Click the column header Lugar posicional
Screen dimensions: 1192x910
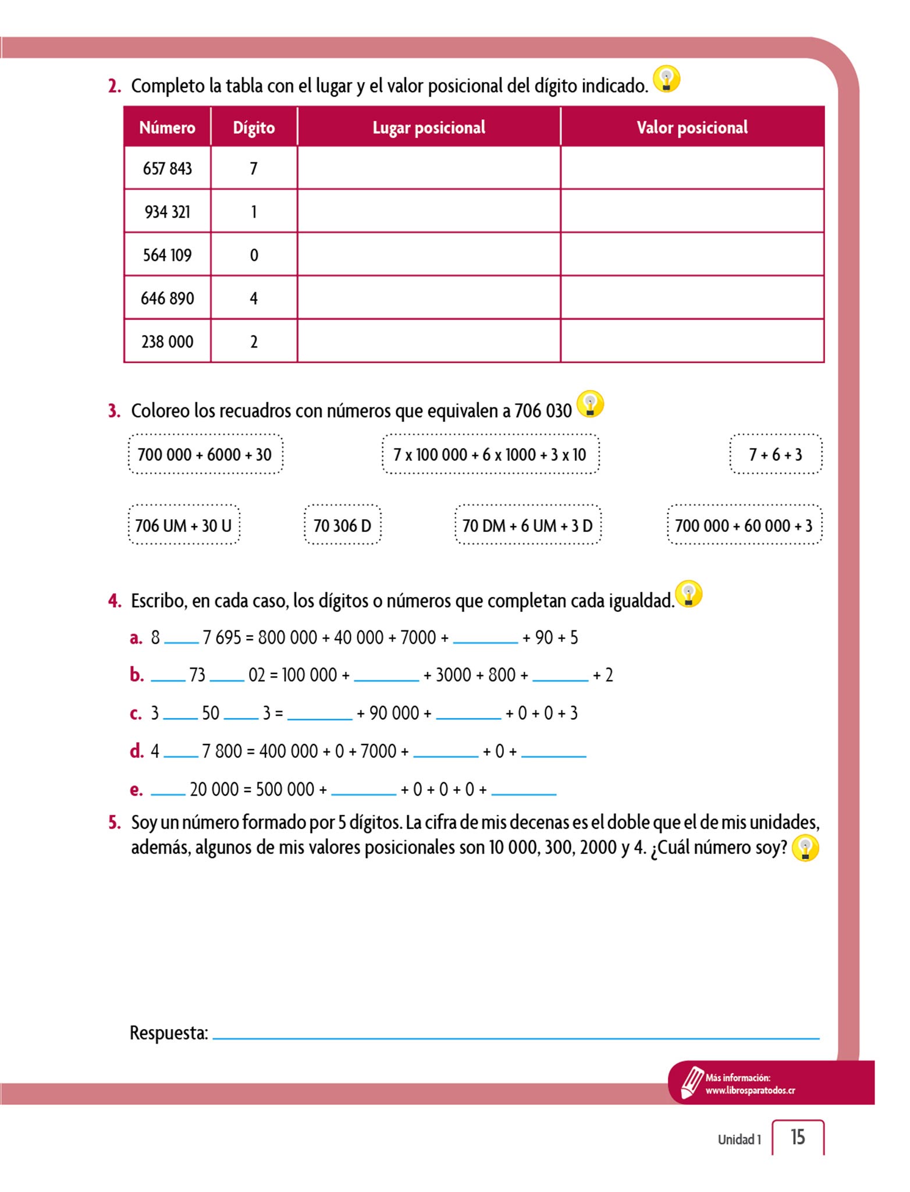click(429, 127)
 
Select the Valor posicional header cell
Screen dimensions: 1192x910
click(692, 127)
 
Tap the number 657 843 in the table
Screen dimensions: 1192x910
click(167, 169)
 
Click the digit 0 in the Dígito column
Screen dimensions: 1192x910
click(254, 255)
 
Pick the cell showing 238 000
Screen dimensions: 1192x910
click(167, 342)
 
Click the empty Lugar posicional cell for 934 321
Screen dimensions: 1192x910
click(429, 211)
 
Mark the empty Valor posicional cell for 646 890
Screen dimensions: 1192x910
click(692, 298)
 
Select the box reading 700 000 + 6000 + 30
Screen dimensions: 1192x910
click(205, 455)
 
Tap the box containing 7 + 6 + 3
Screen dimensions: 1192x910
click(776, 455)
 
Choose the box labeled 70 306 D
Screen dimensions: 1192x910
click(342, 526)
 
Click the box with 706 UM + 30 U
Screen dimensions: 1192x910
click(183, 526)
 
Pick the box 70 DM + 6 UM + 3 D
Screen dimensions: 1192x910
click(527, 526)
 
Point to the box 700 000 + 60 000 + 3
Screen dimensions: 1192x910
click(744, 526)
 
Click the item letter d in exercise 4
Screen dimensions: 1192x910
click(136, 751)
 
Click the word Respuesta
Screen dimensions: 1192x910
click(169, 1033)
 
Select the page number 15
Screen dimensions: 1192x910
click(798, 1137)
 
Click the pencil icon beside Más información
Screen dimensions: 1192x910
click(691, 1082)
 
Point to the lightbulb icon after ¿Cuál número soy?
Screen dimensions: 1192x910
click(806, 848)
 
